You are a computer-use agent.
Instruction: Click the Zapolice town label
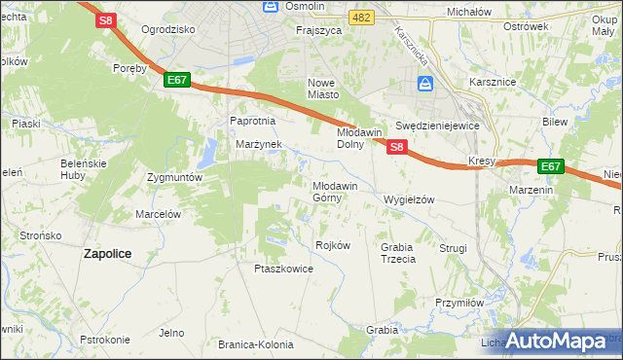tap(108, 253)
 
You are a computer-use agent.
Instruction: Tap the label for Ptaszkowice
tap(283, 269)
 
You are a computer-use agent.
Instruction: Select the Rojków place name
tap(333, 245)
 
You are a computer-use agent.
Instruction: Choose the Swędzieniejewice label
tap(438, 126)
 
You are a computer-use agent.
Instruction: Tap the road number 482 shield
tap(362, 18)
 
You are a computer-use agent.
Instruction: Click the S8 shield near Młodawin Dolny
tap(396, 147)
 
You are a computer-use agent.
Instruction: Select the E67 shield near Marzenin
tap(550, 166)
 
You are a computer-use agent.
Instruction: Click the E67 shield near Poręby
tap(176, 80)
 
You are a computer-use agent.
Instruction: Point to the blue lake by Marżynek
tap(208, 153)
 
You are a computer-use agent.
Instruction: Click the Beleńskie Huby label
tap(83, 167)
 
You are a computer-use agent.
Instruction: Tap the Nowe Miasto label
tap(323, 88)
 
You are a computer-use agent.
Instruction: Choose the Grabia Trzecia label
tap(398, 253)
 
